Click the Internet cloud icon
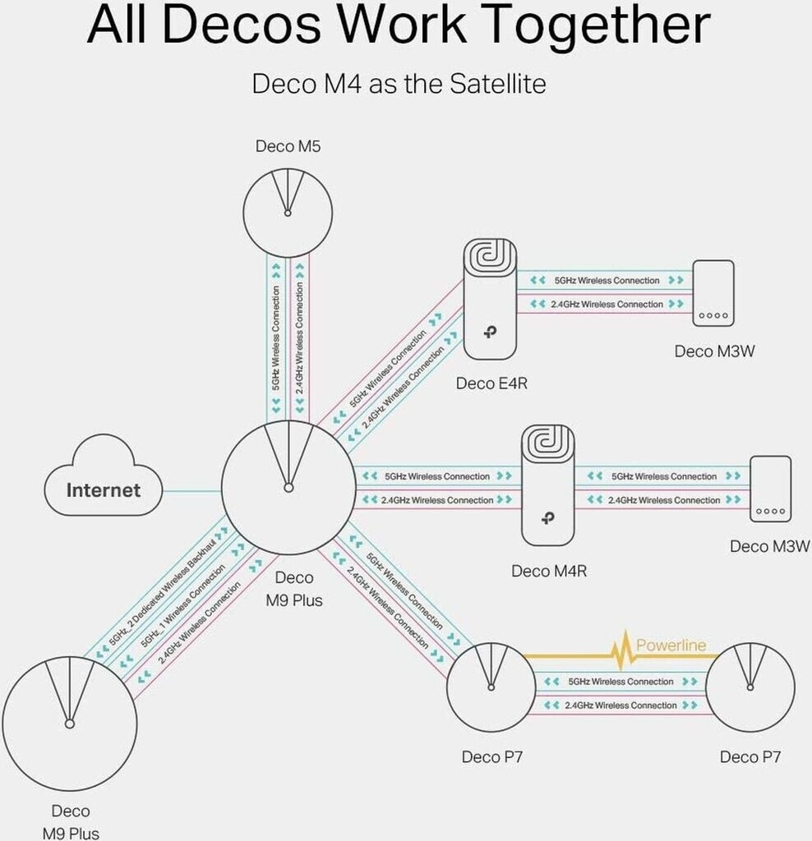click(x=103, y=476)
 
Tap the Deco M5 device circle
click(x=288, y=213)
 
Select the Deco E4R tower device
click(x=490, y=299)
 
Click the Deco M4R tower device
click(x=548, y=485)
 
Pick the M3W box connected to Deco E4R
click(x=713, y=293)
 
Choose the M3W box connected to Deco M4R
click(x=770, y=489)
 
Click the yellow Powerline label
click(x=671, y=645)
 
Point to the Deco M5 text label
click(x=288, y=146)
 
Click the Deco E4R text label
click(x=491, y=384)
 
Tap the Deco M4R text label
click(x=549, y=572)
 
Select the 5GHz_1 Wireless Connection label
click(x=182, y=606)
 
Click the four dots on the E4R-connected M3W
click(x=713, y=315)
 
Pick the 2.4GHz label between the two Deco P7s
click(x=621, y=705)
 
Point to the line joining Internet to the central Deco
click(x=191, y=490)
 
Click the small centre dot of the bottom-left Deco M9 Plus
click(x=69, y=724)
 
